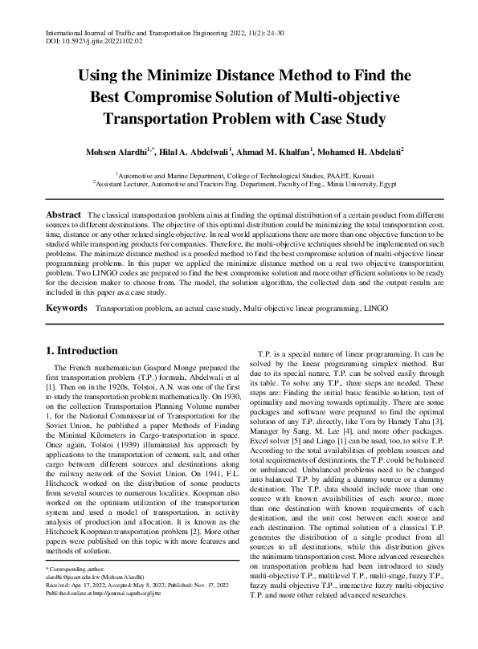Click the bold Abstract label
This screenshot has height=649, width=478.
[63, 215]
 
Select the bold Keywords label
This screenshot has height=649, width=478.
[67, 308]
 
